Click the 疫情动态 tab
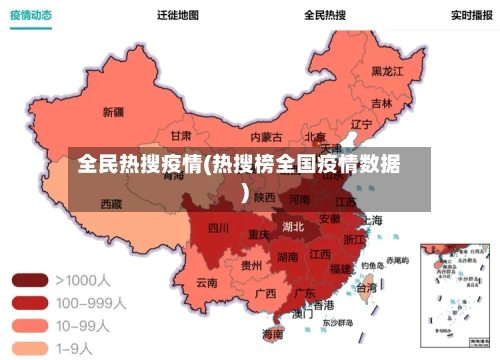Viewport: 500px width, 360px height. point(31,15)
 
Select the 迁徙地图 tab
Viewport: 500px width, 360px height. point(177,15)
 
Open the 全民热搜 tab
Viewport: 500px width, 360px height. point(325,15)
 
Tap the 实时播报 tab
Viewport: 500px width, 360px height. point(470,15)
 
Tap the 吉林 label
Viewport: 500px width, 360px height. point(382,102)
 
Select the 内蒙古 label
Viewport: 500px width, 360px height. point(266,137)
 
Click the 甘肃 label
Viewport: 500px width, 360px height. point(180,135)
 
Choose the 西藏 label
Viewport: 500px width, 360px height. point(111,204)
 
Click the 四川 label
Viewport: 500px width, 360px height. point(218,228)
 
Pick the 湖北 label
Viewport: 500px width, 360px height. point(293,226)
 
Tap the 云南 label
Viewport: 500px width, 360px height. point(206,283)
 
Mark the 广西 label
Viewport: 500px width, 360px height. point(265,294)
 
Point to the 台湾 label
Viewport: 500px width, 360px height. point(367,287)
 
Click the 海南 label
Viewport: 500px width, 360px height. point(272,334)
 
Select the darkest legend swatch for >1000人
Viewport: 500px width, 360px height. point(29,281)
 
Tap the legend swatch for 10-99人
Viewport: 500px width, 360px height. point(29,325)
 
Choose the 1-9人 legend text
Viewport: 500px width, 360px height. point(75,347)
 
